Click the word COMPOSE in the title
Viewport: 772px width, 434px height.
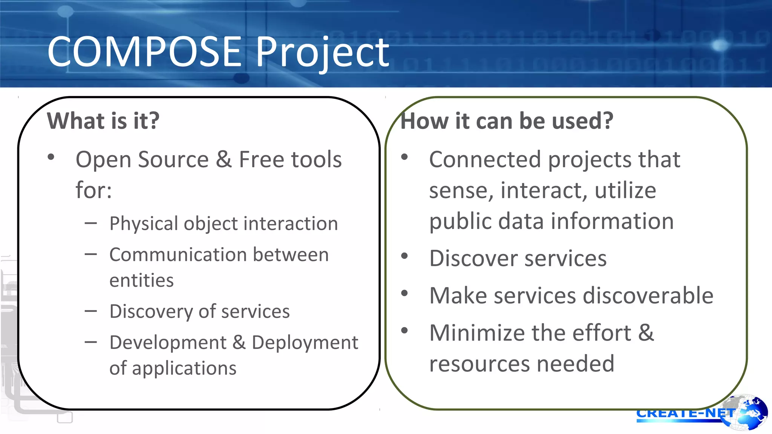(x=144, y=52)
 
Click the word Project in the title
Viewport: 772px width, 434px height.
(x=322, y=53)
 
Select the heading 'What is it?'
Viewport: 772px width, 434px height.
(x=103, y=121)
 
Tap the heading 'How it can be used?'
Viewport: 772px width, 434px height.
(x=507, y=121)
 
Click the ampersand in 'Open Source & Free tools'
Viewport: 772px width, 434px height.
(x=224, y=159)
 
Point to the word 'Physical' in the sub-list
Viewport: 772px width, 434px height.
(x=144, y=224)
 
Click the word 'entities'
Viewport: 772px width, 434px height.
(x=141, y=280)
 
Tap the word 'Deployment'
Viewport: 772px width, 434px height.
(x=305, y=342)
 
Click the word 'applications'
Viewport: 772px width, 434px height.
(x=184, y=368)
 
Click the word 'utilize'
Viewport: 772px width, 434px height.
(x=625, y=190)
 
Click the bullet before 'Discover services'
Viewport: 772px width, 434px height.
(x=404, y=256)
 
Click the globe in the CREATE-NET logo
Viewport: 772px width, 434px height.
(x=748, y=412)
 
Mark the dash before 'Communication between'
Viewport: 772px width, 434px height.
(x=91, y=255)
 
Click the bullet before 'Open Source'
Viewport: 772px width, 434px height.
(x=51, y=157)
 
